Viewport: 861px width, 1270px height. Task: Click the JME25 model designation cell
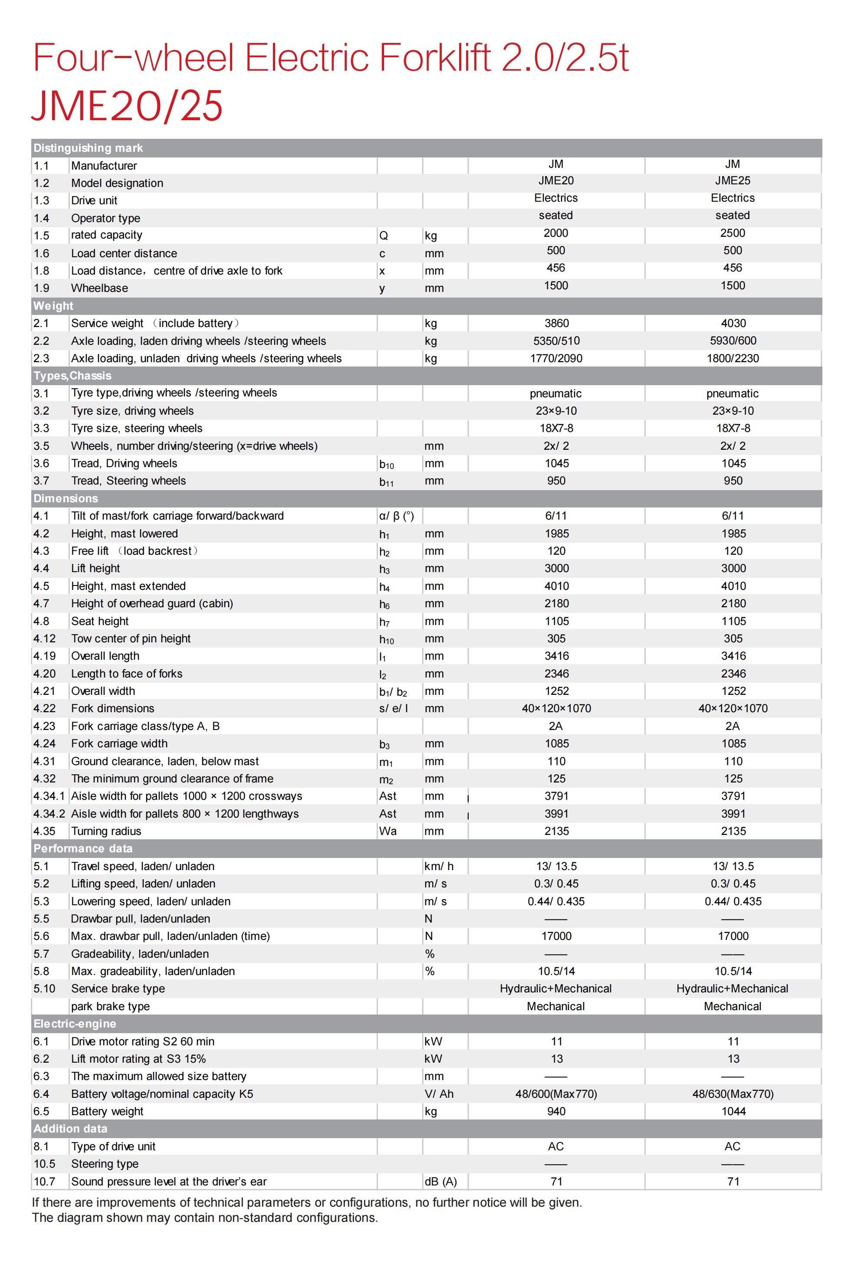point(732,181)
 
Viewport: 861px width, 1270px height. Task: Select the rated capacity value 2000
point(555,233)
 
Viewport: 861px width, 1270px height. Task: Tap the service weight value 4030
point(733,324)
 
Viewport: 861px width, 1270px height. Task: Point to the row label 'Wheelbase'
point(99,288)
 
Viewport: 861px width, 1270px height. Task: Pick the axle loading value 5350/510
point(556,341)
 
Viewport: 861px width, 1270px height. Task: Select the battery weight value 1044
point(733,1112)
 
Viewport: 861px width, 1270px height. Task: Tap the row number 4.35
point(44,831)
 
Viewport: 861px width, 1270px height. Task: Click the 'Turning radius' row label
point(106,831)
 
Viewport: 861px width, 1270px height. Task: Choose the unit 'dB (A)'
point(440,1182)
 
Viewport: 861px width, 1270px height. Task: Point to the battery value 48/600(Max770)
point(556,1094)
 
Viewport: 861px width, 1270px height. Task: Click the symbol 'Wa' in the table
point(388,831)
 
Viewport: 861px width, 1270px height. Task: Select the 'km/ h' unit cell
point(438,866)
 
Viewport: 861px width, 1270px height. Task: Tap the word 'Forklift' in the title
point(434,57)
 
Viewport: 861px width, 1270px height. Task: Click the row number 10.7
point(44,1182)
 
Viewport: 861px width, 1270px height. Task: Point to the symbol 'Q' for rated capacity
point(383,236)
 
